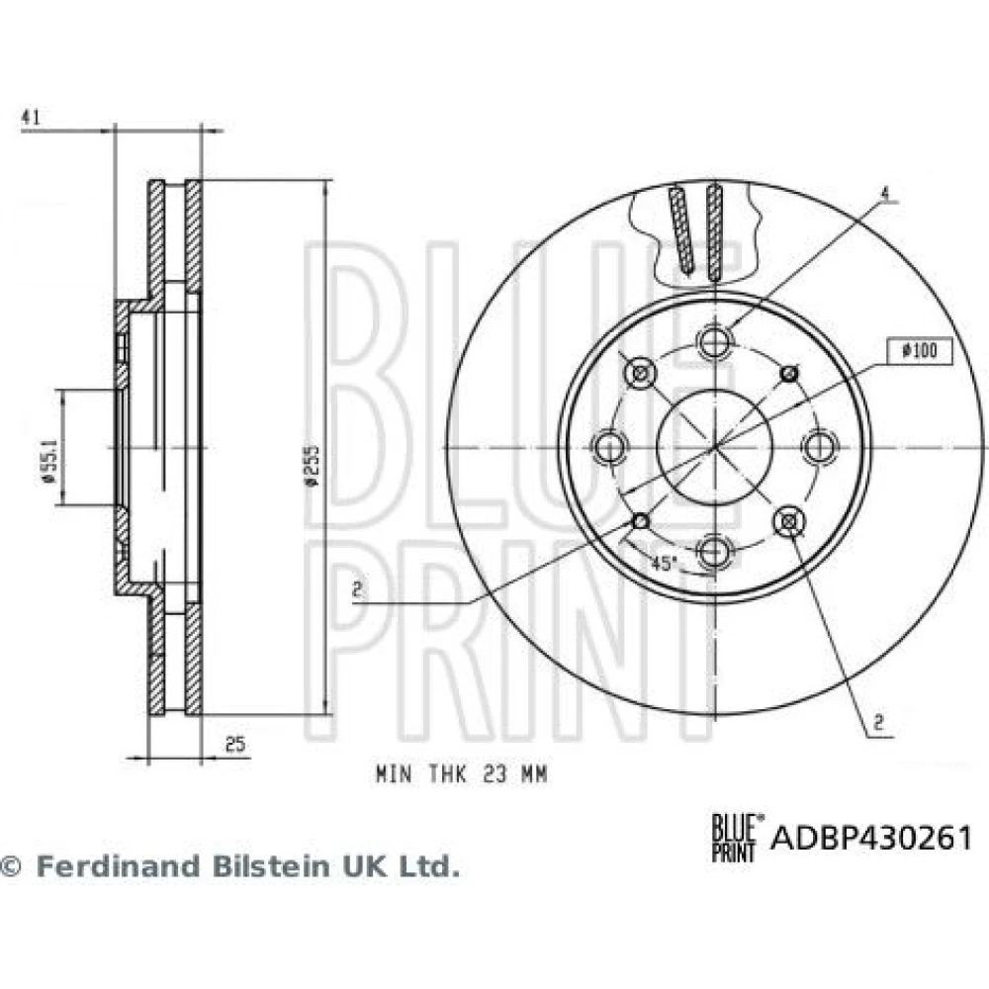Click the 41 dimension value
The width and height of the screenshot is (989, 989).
point(31,118)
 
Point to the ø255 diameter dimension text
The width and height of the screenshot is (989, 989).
point(313,466)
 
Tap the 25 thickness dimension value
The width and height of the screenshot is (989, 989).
point(234,745)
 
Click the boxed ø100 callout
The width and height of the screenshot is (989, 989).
point(920,351)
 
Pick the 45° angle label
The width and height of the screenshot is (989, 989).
point(664,564)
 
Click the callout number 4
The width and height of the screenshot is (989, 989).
point(885,194)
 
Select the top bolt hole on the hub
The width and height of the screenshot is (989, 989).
point(715,342)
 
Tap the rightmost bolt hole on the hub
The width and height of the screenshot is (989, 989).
point(819,447)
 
